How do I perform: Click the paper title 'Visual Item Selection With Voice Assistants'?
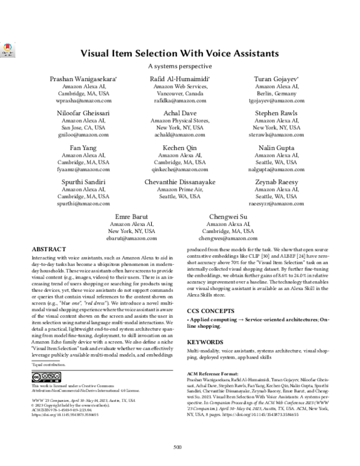point(179,53)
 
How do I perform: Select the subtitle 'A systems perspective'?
point(179,66)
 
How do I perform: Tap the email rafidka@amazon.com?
point(179,101)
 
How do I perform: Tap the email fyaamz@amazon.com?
point(83,170)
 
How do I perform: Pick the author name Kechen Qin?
point(179,147)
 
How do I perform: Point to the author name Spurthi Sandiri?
point(83,181)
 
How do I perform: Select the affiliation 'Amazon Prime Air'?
point(179,189)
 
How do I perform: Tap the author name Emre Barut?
point(130,216)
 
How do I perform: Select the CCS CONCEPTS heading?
point(213,310)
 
